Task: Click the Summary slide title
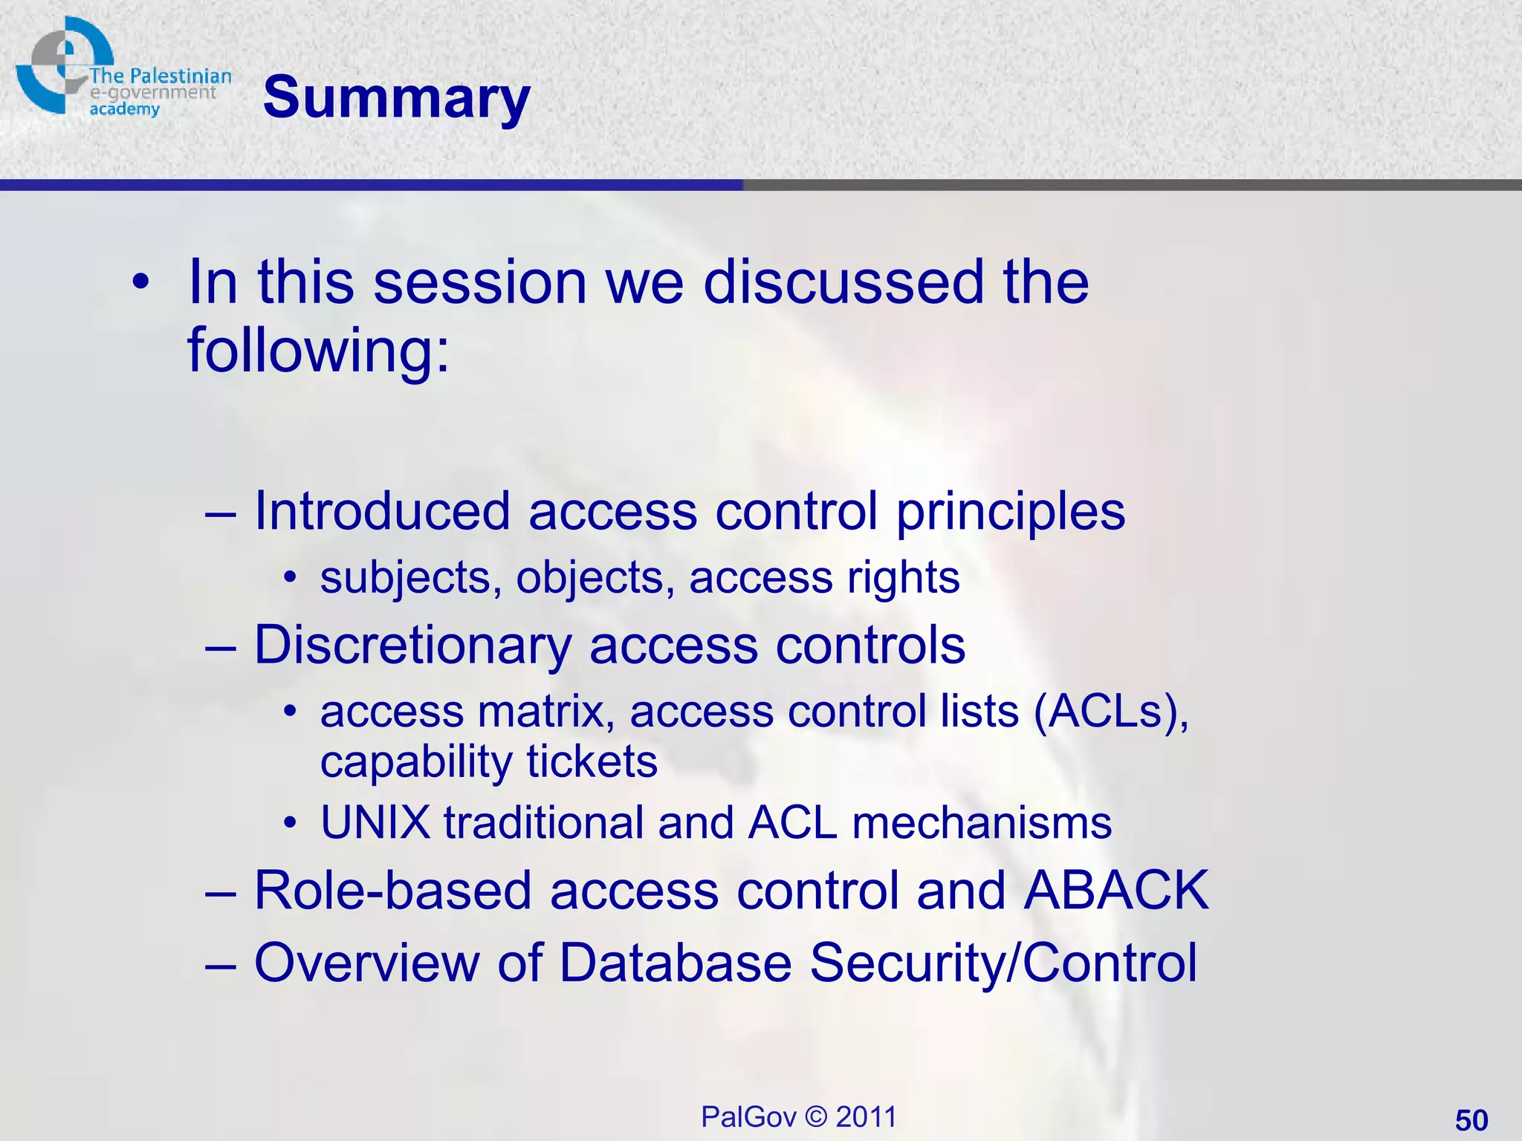396,98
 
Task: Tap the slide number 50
1471,1119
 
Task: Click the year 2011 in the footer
866,1116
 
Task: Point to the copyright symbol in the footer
815,1116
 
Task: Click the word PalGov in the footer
748,1116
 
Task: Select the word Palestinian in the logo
181,77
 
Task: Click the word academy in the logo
124,109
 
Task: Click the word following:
319,350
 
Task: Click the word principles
1011,513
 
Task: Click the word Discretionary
412,645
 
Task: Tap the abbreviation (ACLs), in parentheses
1111,712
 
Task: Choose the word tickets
592,761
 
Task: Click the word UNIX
375,822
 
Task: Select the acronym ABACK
1115,890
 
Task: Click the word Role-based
392,890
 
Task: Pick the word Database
675,963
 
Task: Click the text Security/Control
1003,963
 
